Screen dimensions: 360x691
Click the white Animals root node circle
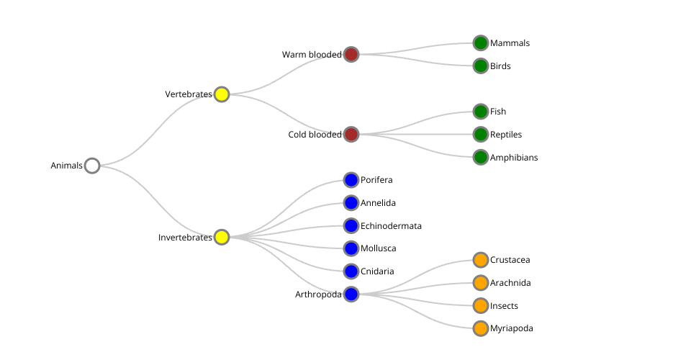click(92, 166)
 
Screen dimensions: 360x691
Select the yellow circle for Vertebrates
click(222, 94)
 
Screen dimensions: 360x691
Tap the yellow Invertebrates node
click(222, 237)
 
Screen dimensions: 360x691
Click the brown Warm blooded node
click(351, 54)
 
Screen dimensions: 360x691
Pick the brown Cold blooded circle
click(351, 134)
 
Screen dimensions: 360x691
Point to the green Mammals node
click(481, 43)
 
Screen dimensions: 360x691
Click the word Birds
click(500, 66)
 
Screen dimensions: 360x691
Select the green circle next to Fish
click(481, 112)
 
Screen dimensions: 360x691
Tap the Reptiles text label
click(506, 135)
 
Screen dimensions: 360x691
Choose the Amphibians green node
click(481, 157)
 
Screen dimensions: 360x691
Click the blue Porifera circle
click(351, 180)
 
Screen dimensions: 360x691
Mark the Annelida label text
click(378, 203)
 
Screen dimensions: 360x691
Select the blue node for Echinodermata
click(351, 225)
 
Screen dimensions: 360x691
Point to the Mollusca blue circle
click(351, 248)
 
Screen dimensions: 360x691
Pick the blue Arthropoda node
click(351, 294)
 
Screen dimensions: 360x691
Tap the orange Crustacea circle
click(481, 260)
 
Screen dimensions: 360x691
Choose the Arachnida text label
click(510, 283)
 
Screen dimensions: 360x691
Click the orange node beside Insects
click(481, 305)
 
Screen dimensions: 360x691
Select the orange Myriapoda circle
click(481, 328)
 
